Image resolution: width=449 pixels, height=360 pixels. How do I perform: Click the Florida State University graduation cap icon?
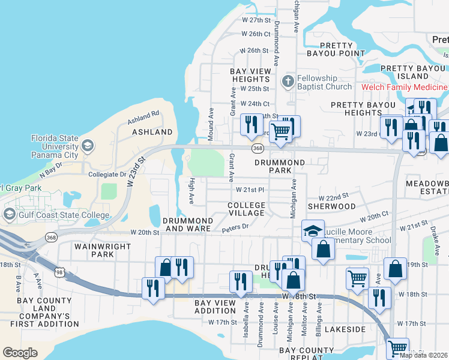click(88, 146)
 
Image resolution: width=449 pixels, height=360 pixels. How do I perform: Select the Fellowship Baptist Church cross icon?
click(288, 81)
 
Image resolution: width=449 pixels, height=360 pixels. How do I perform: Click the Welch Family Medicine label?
click(404, 87)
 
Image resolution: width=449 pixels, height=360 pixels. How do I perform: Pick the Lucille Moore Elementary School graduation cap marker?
click(312, 231)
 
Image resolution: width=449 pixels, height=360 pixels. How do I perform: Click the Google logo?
click(20, 353)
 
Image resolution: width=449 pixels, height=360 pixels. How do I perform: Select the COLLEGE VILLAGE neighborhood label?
click(246, 209)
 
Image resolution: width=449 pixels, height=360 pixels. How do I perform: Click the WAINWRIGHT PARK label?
click(94, 250)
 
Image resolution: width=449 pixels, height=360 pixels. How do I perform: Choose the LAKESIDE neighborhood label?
click(345, 329)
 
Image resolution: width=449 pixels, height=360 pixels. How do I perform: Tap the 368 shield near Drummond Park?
click(258, 148)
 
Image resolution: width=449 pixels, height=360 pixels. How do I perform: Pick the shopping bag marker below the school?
click(323, 248)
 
